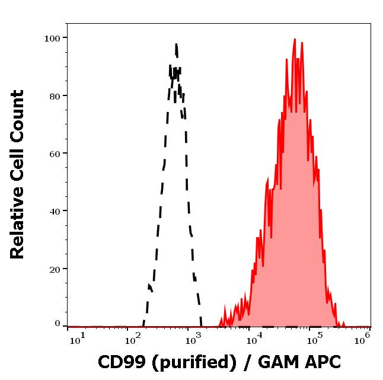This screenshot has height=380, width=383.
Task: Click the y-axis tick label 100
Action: coord(53,39)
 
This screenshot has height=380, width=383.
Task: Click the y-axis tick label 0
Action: coord(58,324)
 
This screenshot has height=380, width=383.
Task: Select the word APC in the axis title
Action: coord(320,362)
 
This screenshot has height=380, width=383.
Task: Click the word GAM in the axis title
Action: coord(277,362)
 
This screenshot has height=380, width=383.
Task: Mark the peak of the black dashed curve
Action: coord(176,44)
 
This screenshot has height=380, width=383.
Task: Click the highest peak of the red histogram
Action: coord(295,40)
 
